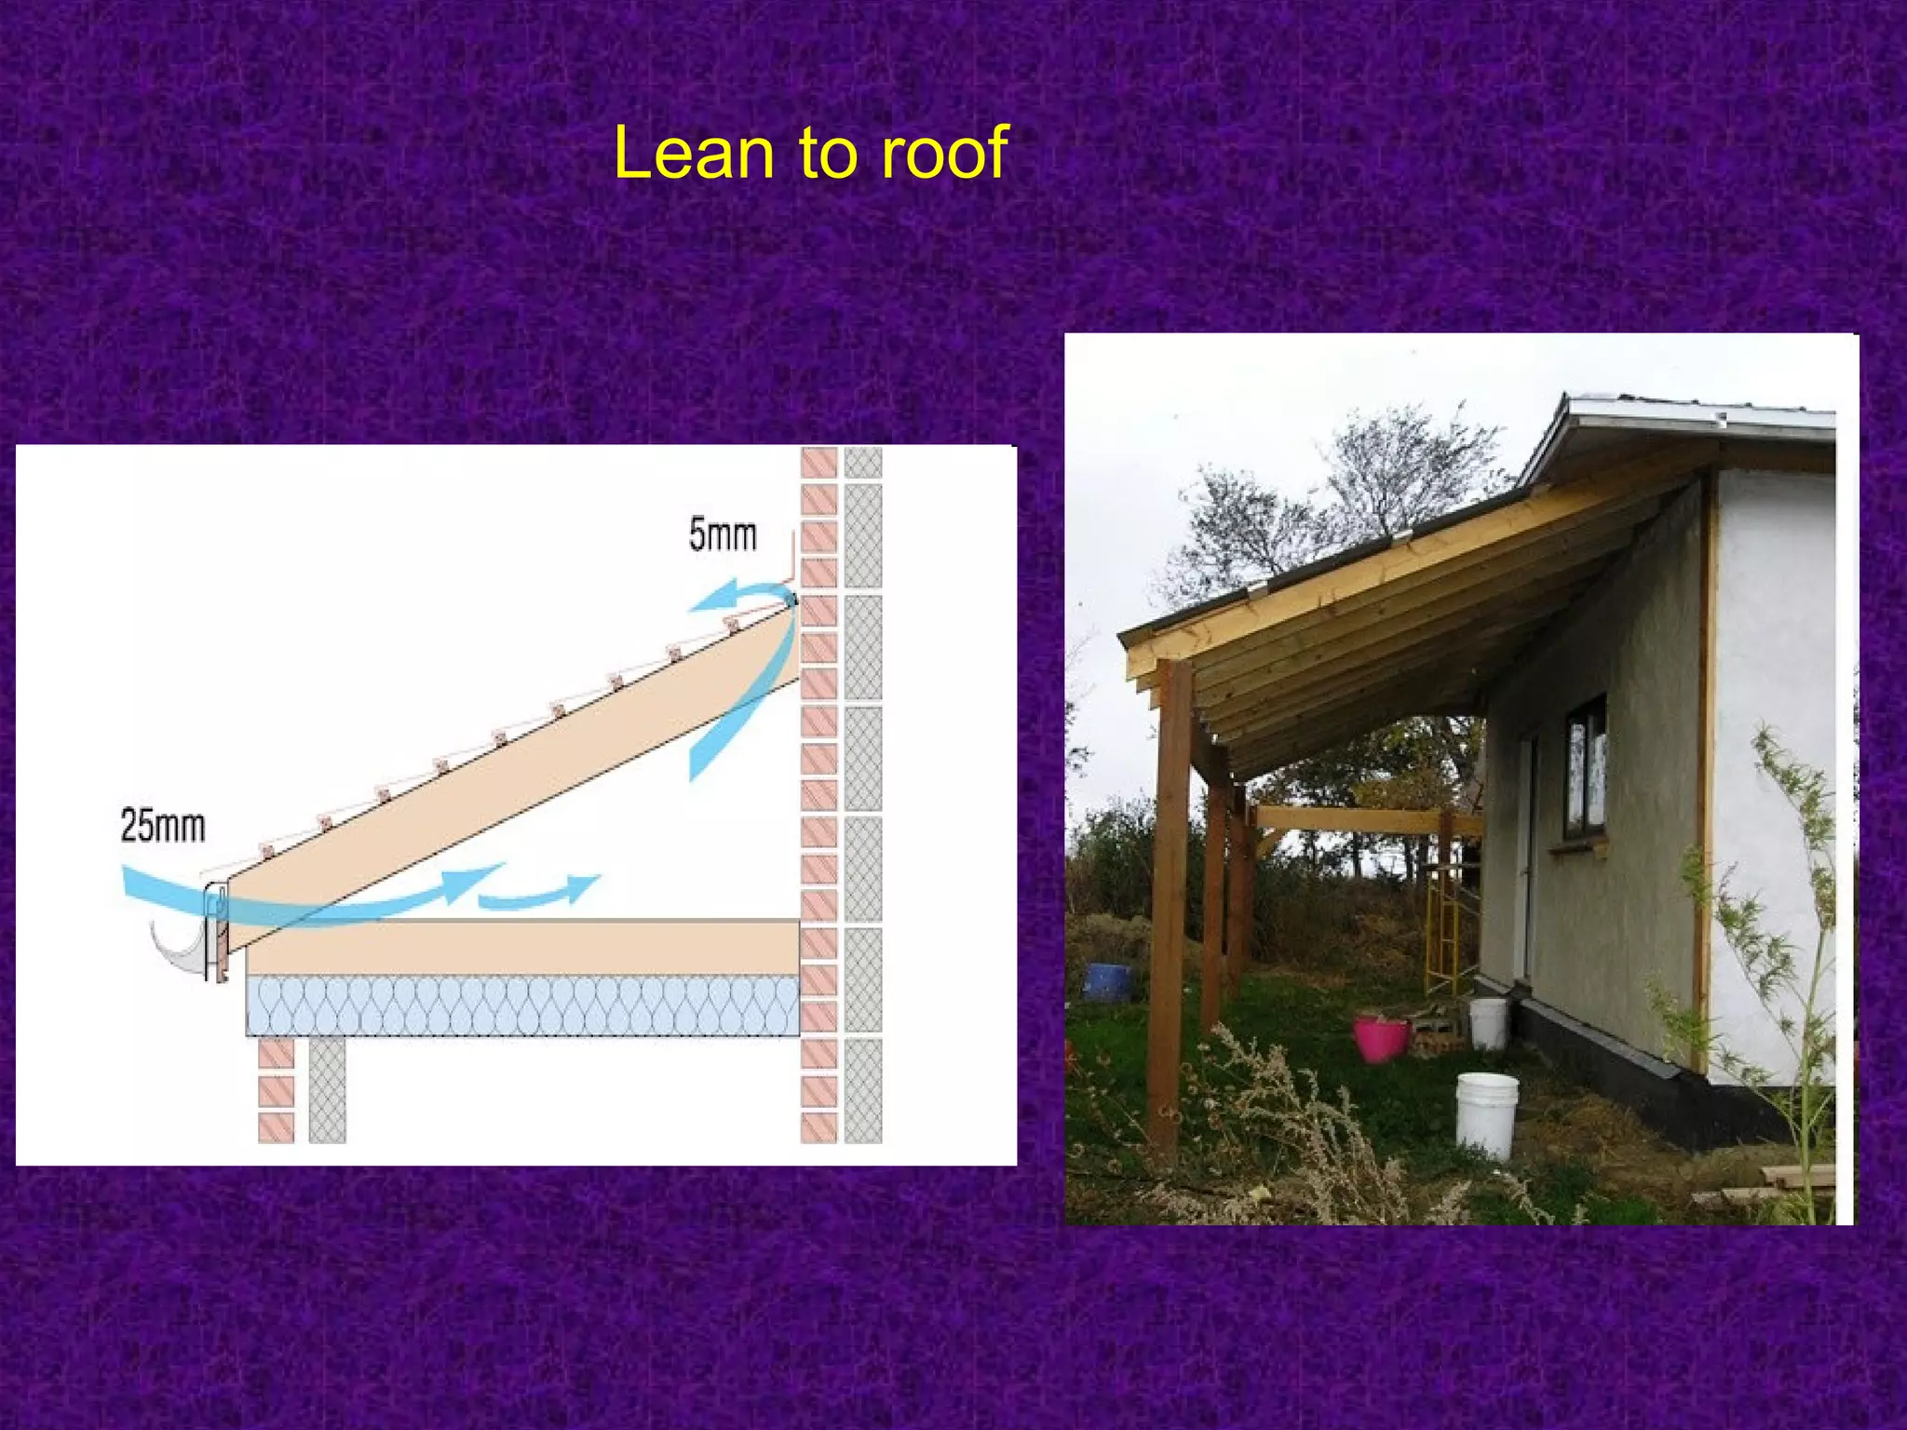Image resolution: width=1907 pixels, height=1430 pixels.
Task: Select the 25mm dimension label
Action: (163, 826)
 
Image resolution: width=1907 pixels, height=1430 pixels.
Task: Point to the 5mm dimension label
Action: (723, 535)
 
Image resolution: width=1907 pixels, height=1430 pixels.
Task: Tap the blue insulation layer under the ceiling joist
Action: (521, 1005)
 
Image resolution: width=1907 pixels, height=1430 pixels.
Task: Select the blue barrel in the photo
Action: (1108, 981)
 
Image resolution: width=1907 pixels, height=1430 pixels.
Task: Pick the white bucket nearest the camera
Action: (1486, 1114)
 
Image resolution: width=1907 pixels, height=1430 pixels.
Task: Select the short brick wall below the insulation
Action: (277, 1089)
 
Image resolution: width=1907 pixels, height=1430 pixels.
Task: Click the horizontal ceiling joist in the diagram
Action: (521, 948)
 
